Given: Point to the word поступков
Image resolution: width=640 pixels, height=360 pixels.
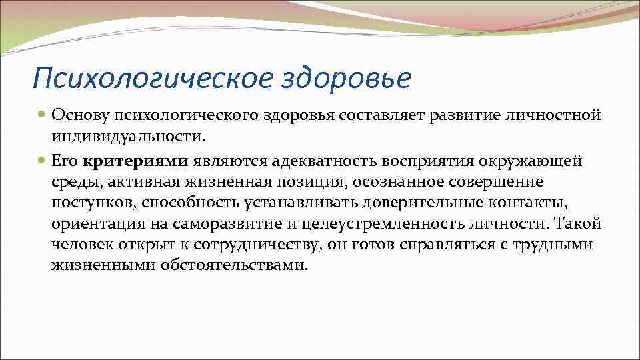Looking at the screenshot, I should tap(92, 203).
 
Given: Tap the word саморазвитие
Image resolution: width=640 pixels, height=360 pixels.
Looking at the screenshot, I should tap(225, 224).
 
